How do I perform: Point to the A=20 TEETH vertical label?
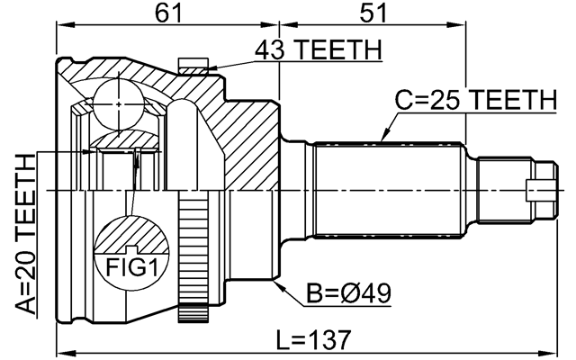point(27,232)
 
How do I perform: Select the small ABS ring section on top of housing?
point(194,65)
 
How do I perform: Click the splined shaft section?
point(391,190)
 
